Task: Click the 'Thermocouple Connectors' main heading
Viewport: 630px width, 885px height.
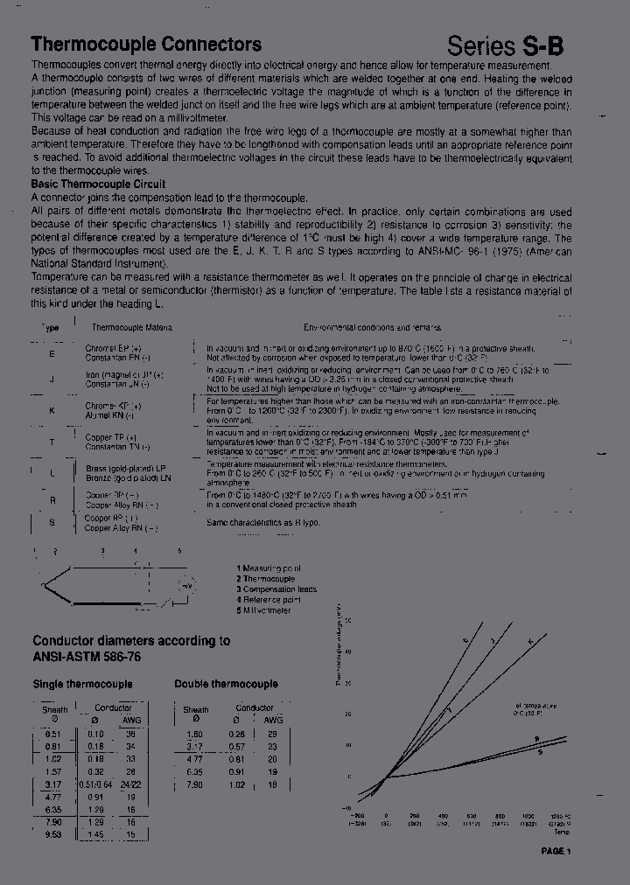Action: tap(146, 45)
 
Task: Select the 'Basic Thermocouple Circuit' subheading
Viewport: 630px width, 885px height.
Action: tap(98, 185)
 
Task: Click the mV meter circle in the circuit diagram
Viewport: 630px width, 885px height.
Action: tap(186, 586)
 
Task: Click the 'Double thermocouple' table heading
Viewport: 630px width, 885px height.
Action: tap(226, 684)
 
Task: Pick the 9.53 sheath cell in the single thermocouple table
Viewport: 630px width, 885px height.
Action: tap(53, 834)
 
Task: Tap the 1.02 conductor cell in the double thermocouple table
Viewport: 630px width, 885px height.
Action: tap(237, 784)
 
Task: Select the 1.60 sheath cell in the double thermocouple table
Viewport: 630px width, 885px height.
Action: tap(195, 734)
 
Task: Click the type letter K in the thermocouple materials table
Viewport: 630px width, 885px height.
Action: tap(52, 410)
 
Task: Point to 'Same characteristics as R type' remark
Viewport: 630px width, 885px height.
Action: tap(262, 522)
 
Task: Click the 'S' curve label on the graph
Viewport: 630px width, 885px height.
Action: tap(539, 751)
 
